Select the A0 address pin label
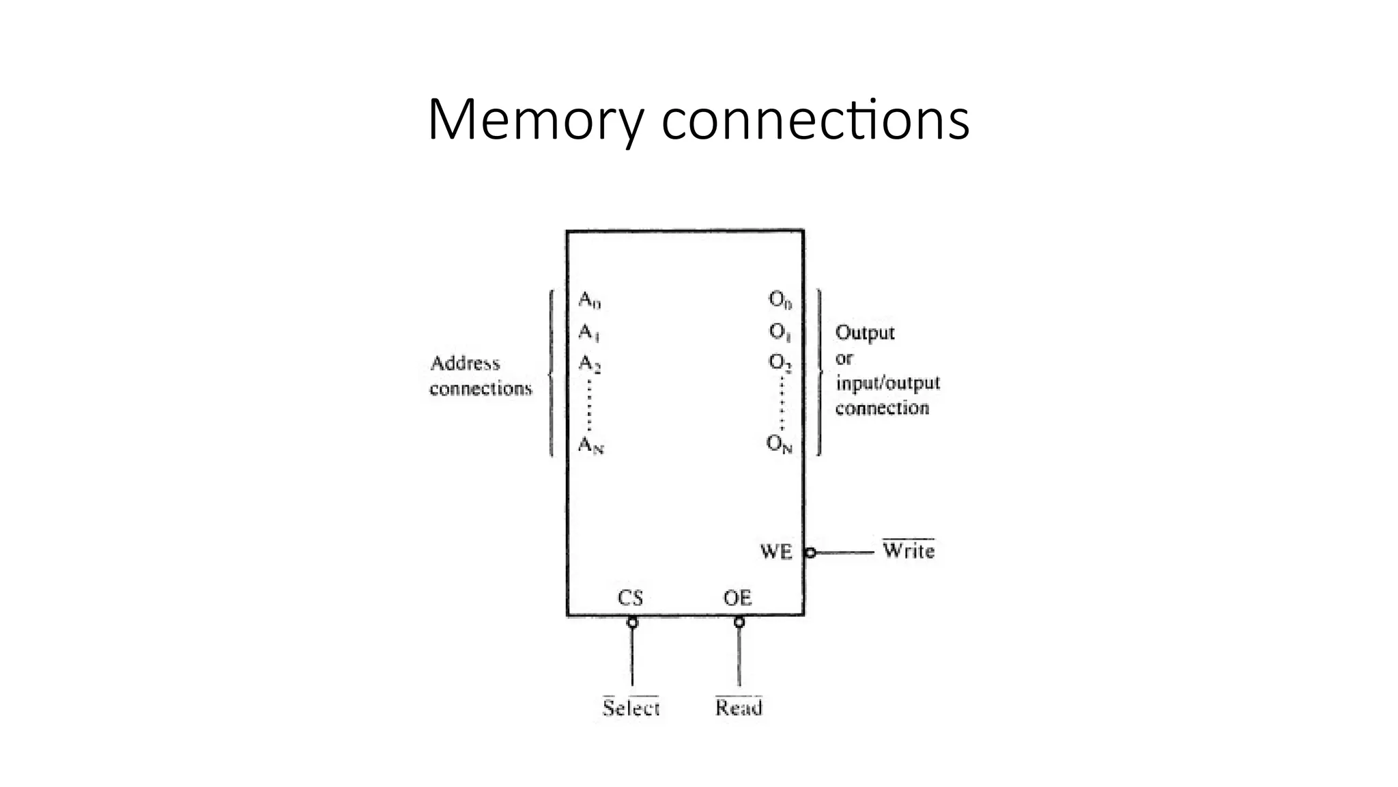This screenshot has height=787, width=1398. [x=589, y=300]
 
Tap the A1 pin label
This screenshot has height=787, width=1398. [x=588, y=333]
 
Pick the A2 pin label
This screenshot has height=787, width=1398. [x=589, y=363]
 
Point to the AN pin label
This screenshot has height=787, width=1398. [x=590, y=445]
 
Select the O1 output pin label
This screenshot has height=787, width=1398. [x=780, y=333]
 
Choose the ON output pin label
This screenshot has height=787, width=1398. [x=780, y=445]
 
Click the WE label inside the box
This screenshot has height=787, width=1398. [x=776, y=551]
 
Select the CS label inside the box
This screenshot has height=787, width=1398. [x=630, y=598]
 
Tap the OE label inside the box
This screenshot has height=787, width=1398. [x=737, y=598]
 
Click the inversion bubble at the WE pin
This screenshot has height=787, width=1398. [x=810, y=552]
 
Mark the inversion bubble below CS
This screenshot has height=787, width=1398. [x=632, y=622]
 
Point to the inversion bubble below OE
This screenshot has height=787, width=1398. [x=739, y=622]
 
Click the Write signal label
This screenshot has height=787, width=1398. [x=908, y=551]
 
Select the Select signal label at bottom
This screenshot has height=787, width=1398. [x=631, y=708]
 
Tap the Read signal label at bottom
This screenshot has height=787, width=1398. [x=739, y=708]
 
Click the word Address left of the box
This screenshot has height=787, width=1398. [x=465, y=363]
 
